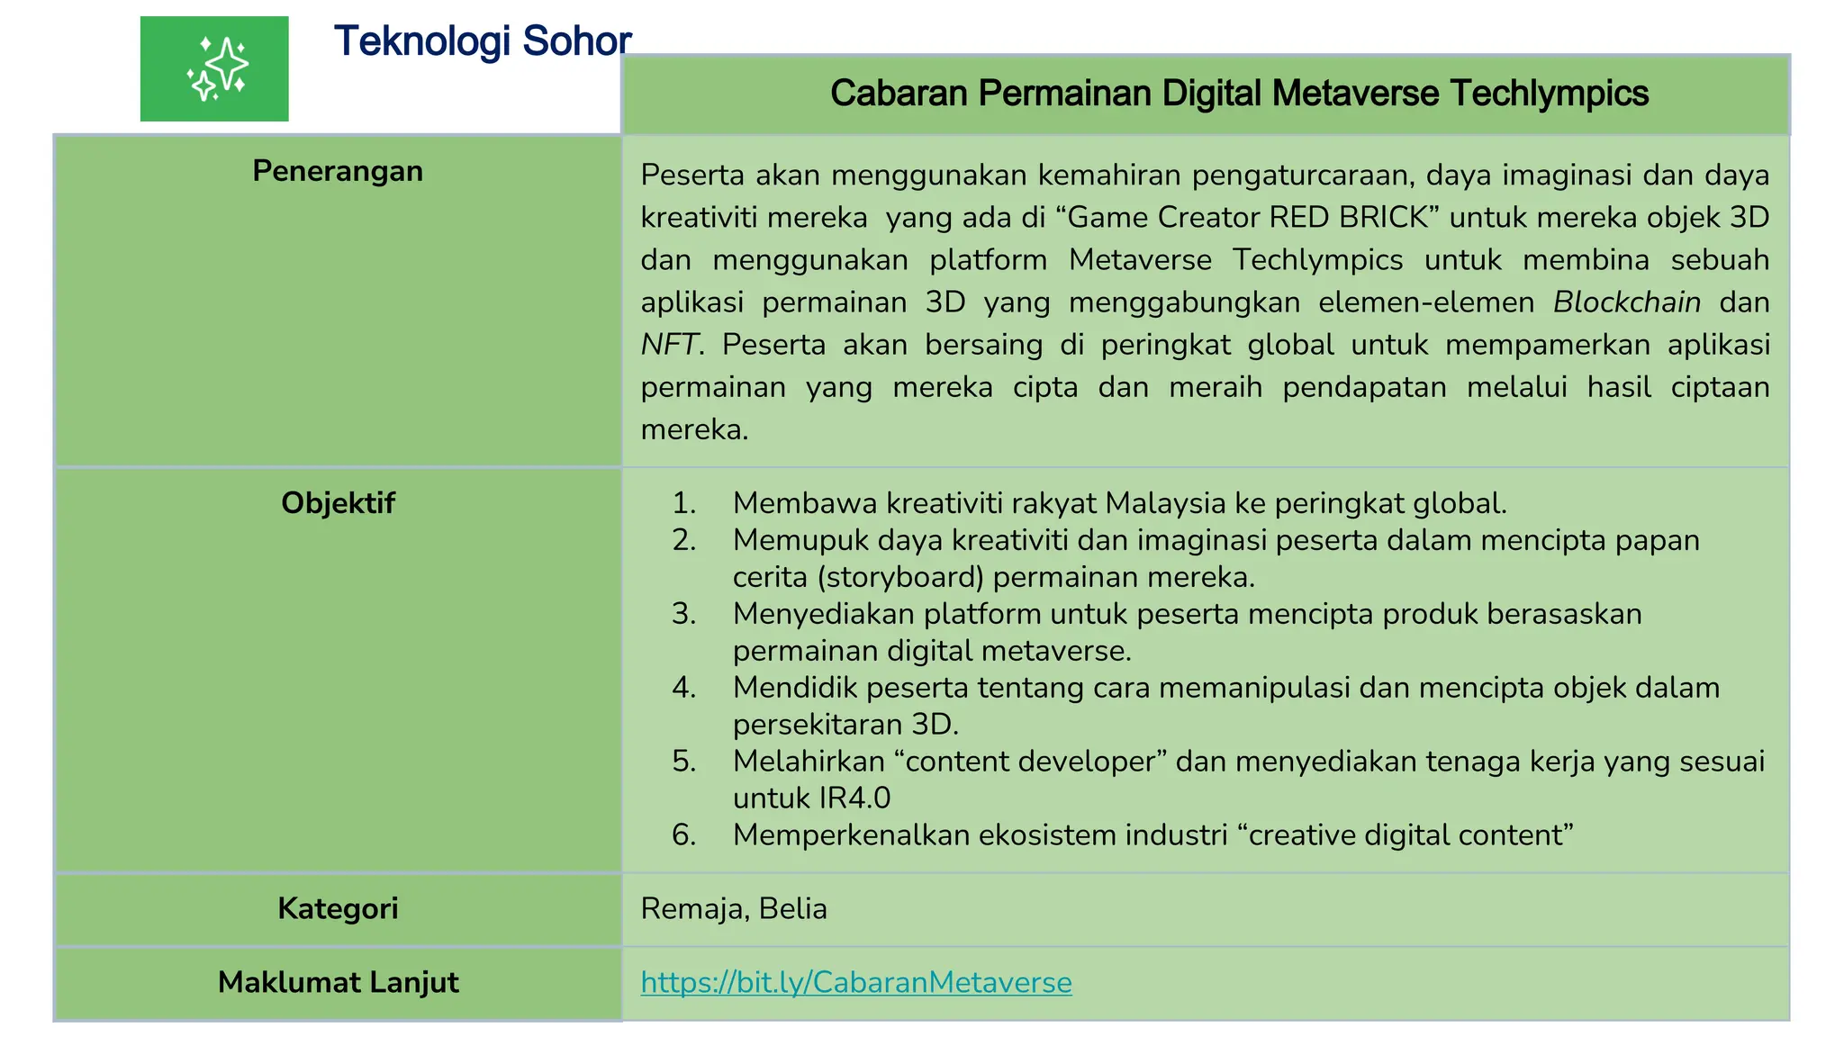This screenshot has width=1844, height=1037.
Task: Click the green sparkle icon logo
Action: (x=214, y=68)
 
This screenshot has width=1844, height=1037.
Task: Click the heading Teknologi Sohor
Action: (x=482, y=41)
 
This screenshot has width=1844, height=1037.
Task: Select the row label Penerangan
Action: (x=338, y=171)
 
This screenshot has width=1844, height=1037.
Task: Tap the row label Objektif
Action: (x=338, y=503)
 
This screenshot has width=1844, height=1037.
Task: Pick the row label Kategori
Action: (x=338, y=908)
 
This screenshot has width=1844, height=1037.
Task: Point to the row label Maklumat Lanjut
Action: (x=338, y=982)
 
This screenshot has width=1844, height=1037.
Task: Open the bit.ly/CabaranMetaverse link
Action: (x=855, y=982)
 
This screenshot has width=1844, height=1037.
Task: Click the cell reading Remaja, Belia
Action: (x=733, y=908)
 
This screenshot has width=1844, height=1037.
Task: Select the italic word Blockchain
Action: (x=1626, y=302)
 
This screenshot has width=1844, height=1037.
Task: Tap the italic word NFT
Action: (x=669, y=345)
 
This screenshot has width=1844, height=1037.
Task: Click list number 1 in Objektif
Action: (x=684, y=503)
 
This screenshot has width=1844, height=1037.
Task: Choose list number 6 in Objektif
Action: (x=684, y=835)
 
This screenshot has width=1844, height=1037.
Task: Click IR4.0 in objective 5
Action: (x=854, y=798)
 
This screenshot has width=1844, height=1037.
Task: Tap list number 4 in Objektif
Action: (x=684, y=688)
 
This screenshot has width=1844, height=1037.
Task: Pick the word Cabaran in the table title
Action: (x=898, y=94)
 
